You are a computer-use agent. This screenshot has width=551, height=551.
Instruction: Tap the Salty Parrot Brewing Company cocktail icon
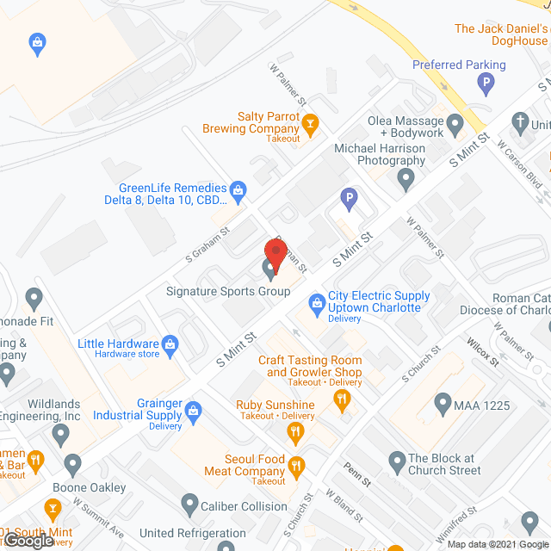(x=310, y=122)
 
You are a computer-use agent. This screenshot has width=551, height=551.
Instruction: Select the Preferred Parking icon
(x=486, y=84)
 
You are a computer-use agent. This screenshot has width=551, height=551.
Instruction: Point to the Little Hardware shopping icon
(x=170, y=344)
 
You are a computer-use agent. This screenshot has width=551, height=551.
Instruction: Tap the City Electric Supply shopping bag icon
(x=316, y=302)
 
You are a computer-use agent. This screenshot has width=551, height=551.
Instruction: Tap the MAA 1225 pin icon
(x=443, y=402)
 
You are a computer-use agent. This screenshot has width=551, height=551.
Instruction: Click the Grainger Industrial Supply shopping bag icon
(x=194, y=409)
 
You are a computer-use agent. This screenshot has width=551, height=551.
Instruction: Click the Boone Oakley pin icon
(x=71, y=466)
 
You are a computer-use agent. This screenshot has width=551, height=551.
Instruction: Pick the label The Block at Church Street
(x=443, y=464)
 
